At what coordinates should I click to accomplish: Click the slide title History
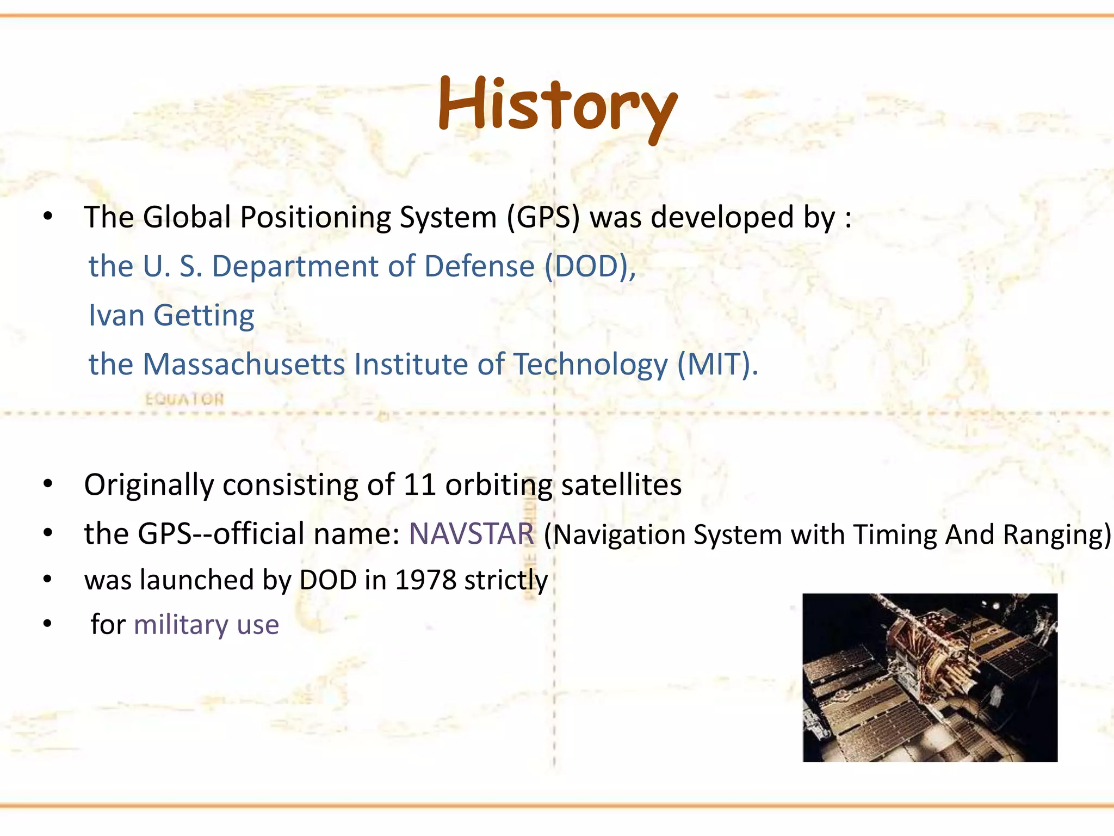tap(558, 105)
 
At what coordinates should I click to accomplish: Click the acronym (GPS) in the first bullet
tap(543, 217)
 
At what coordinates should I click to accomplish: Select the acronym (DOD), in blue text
tap(591, 266)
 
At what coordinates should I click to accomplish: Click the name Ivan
tap(116, 315)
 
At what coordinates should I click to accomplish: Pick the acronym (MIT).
tap(717, 364)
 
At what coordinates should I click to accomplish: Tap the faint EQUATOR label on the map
tap(184, 399)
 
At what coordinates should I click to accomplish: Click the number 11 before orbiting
tap(420, 484)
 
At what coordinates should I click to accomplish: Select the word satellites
tap(621, 484)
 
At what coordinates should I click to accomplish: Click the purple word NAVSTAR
tap(472, 533)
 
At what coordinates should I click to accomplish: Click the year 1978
tap(425, 580)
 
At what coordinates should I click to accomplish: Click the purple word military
tap(181, 624)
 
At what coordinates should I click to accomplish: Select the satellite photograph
tap(930, 677)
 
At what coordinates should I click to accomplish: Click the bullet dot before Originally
tap(48, 484)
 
